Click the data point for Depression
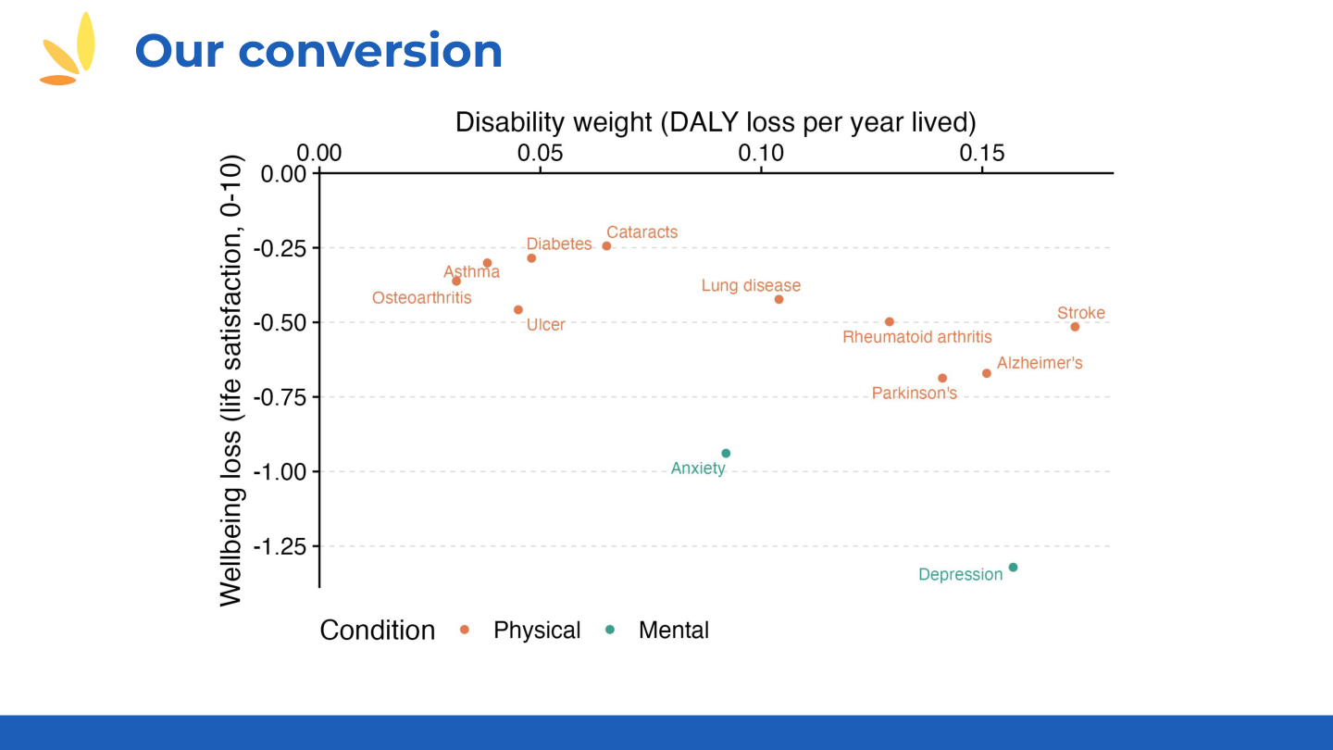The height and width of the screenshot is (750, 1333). (x=1013, y=567)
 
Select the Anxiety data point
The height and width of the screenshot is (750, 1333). (x=726, y=453)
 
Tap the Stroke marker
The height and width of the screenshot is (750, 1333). (x=1075, y=326)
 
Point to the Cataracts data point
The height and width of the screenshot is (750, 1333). (x=606, y=245)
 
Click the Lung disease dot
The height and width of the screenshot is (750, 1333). (x=779, y=299)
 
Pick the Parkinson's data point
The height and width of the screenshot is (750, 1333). (x=942, y=378)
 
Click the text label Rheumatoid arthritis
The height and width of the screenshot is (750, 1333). (x=916, y=337)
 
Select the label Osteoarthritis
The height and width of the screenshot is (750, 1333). (x=421, y=298)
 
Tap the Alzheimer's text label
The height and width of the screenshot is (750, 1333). (x=1040, y=363)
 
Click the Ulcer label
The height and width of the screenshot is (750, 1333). (x=545, y=325)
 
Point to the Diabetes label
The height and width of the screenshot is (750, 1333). (x=558, y=244)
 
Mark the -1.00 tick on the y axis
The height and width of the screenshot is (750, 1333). (x=283, y=472)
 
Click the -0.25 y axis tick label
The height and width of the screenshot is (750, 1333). (x=283, y=248)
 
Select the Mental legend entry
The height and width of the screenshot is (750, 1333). (x=673, y=631)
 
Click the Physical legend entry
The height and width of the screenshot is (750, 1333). (x=536, y=631)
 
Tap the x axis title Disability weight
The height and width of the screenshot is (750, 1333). (x=715, y=122)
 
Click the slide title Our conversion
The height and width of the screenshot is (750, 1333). (x=318, y=50)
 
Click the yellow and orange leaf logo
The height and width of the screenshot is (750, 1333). (x=69, y=50)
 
